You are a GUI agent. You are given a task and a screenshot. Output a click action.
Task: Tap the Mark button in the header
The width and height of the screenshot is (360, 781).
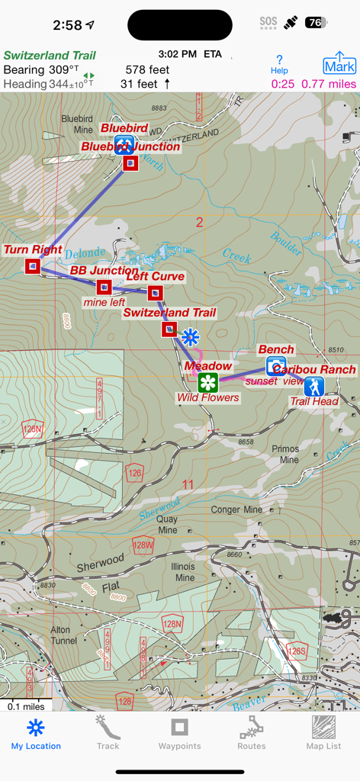pyautogui.click(x=339, y=64)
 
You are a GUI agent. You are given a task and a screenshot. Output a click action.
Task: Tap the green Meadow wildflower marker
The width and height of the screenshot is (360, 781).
pyautogui.click(x=208, y=382)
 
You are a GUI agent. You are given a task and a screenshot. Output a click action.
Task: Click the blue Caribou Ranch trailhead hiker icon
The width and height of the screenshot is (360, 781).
pyautogui.click(x=313, y=386)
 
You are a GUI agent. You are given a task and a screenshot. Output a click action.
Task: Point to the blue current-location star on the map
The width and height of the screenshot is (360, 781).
pyautogui.click(x=190, y=336)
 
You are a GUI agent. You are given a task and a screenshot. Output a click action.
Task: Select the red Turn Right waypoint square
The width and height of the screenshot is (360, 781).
pyautogui.click(x=33, y=265)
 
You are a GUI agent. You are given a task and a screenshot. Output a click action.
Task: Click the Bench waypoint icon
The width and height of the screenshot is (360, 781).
pyautogui.click(x=276, y=365)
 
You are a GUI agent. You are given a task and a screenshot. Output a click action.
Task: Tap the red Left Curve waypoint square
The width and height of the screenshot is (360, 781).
pyautogui.click(x=155, y=292)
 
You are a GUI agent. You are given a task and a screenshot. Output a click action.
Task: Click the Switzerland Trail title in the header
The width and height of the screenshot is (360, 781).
pyautogui.click(x=50, y=56)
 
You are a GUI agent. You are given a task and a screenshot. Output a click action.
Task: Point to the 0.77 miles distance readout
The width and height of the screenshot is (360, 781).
pyautogui.click(x=329, y=84)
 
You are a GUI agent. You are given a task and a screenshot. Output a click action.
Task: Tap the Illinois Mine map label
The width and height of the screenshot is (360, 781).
pyautogui.click(x=183, y=573)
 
